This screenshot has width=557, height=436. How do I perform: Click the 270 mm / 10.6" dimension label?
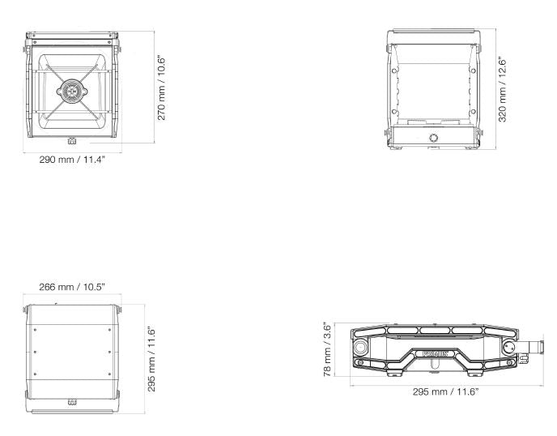(161, 88)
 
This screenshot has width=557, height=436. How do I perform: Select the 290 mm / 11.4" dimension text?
(72, 159)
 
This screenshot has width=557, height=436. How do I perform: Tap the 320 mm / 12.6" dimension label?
(502, 89)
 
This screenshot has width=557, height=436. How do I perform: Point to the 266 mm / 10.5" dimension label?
(72, 287)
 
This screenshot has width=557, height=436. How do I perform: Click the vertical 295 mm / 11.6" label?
(151, 359)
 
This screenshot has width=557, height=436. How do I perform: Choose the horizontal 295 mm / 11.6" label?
(446, 391)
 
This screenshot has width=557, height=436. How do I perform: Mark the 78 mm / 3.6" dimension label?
(327, 348)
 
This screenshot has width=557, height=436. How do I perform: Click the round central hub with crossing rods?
(72, 91)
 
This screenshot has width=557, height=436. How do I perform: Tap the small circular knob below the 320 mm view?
(433, 138)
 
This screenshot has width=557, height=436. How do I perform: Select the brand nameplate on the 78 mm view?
(435, 354)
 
